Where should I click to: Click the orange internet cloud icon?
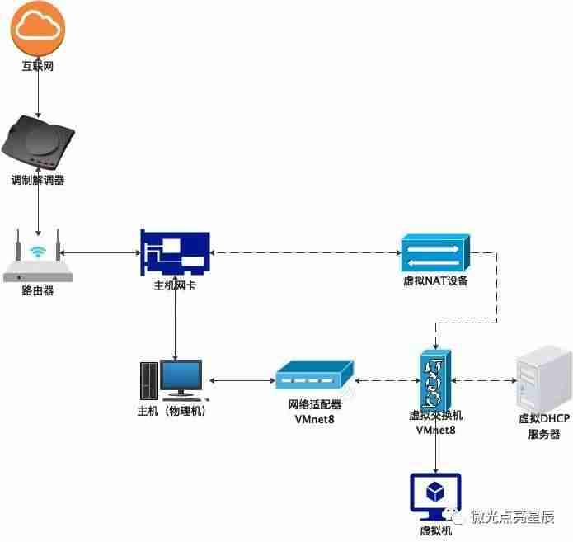click(38, 28)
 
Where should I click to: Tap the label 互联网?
click(38, 66)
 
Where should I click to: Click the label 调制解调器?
click(38, 180)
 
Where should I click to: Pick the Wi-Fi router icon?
click(38, 259)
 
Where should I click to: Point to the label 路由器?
click(38, 291)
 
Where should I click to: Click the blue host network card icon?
click(175, 253)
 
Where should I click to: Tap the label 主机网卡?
click(175, 285)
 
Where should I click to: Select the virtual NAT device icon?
click(435, 252)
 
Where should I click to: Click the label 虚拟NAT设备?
click(435, 281)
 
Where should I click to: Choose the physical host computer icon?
click(171, 380)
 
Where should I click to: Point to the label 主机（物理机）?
click(171, 410)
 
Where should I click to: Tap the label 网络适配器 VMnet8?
click(314, 412)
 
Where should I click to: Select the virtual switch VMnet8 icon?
click(435, 379)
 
